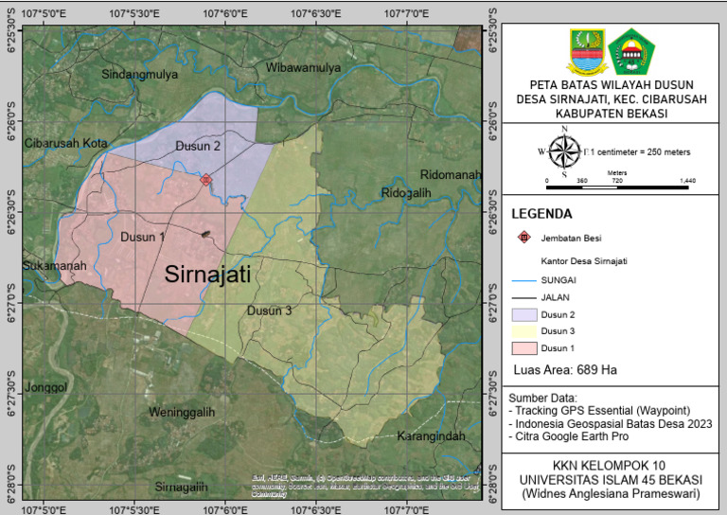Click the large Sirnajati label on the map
click(207, 275)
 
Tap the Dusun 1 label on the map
click(143, 237)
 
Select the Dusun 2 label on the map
click(198, 146)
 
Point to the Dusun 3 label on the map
click(269, 311)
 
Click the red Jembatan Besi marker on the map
click(206, 179)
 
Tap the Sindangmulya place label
click(140, 74)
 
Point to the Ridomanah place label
click(451, 176)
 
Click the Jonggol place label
click(46, 387)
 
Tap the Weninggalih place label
click(183, 413)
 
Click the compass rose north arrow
click(564, 150)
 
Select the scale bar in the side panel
click(620, 187)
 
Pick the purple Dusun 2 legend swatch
click(523, 313)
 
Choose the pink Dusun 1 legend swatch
click(523, 348)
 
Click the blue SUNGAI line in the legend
click(523, 280)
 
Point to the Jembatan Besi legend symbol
click(523, 238)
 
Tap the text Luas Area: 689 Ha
click(564, 369)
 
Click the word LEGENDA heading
click(541, 214)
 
